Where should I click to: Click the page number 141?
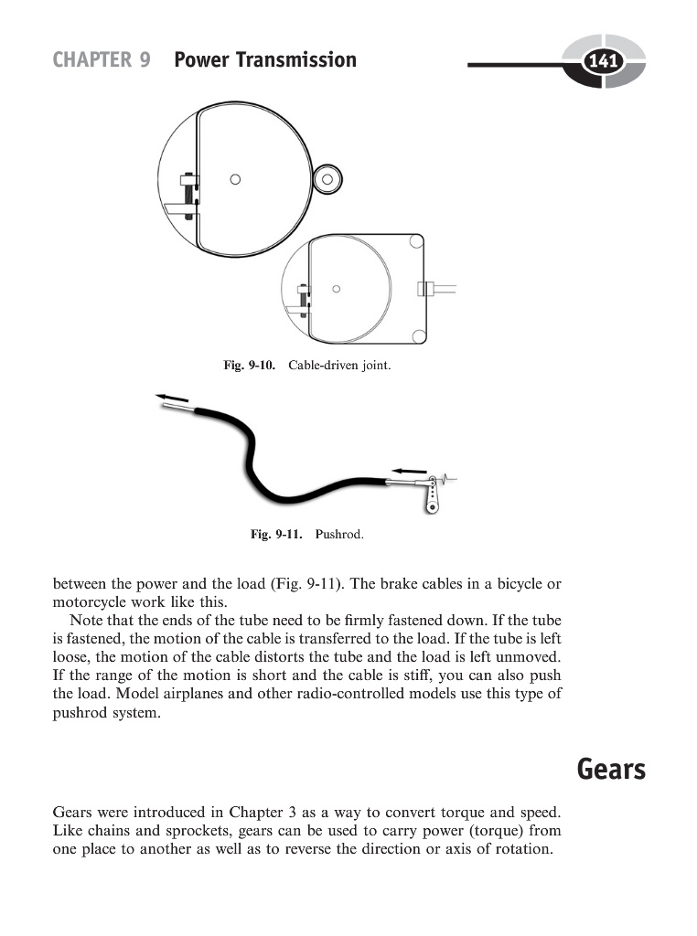tap(603, 62)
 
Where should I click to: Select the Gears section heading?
tap(611, 770)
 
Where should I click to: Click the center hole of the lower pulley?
tap(337, 290)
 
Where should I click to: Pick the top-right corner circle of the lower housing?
tap(416, 242)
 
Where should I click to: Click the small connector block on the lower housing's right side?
tap(424, 289)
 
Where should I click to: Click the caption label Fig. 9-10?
tap(250, 366)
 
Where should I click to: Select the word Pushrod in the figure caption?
tap(339, 534)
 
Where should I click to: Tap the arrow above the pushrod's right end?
tap(408, 463)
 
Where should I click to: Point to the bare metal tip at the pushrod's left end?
tap(177, 410)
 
